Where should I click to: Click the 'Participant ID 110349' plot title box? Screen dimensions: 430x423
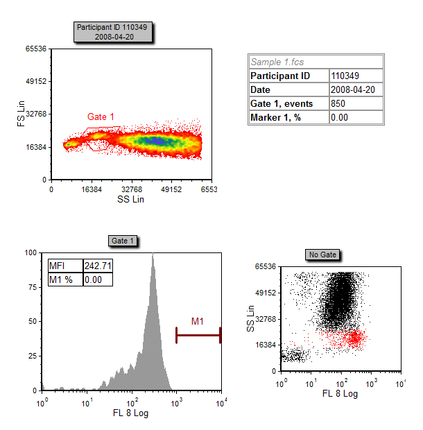pyautogui.click(x=114, y=31)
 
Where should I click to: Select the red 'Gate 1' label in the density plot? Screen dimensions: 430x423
pyautogui.click(x=101, y=117)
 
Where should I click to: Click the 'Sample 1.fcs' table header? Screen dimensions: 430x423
pyautogui.click(x=277, y=62)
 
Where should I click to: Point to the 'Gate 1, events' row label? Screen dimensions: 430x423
pyautogui.click(x=282, y=103)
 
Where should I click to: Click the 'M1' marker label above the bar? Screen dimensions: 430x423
pyautogui.click(x=198, y=321)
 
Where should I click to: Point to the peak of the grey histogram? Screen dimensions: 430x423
pyautogui.click(x=152, y=255)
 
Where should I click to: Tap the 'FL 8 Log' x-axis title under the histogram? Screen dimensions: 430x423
pyautogui.click(x=130, y=413)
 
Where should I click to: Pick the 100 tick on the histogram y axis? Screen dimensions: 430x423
pyautogui.click(x=30, y=253)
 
